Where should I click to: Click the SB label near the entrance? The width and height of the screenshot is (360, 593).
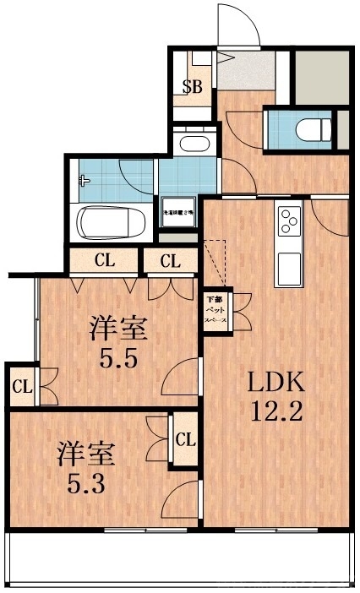[193, 86]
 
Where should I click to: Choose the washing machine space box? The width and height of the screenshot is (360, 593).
[179, 215]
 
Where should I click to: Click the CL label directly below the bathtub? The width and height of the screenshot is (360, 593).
[105, 260]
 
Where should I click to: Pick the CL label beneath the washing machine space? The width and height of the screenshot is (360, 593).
[171, 261]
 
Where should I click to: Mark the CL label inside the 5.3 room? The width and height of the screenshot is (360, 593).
[185, 439]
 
